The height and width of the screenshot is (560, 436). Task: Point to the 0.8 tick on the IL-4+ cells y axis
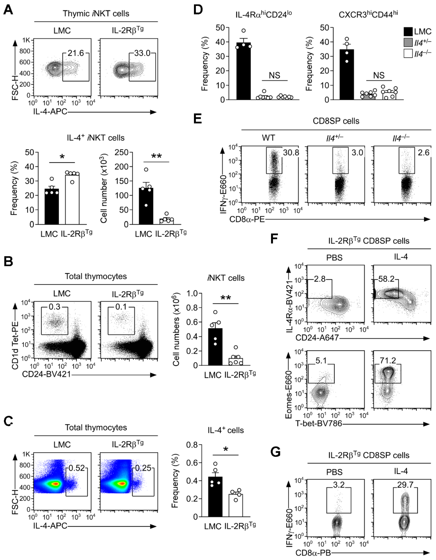192,445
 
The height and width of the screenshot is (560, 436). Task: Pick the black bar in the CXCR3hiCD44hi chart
347,74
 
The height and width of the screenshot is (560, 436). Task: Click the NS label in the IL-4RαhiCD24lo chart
274,75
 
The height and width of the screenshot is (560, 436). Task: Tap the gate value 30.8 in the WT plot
291,153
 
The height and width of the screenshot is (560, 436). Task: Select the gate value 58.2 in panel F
386,279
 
